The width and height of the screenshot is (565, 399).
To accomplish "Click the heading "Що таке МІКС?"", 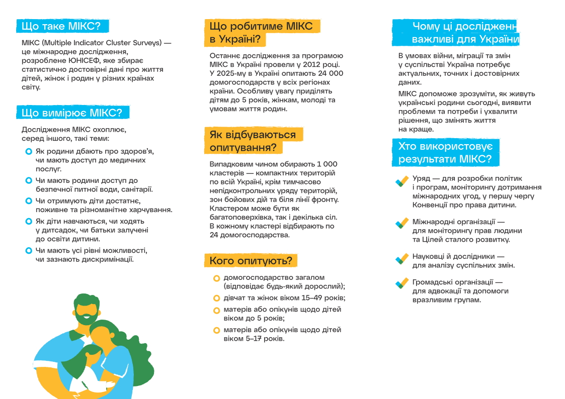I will click(x=62, y=26).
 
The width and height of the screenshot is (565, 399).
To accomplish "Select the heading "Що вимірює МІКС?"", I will click(x=72, y=113).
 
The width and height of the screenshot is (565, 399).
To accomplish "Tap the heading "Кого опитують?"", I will click(x=251, y=261).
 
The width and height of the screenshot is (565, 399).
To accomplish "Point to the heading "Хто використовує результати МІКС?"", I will click(x=445, y=153).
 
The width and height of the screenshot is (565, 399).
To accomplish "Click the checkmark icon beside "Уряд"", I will click(x=401, y=181).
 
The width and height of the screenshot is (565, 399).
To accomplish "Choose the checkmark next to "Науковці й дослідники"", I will click(x=401, y=258).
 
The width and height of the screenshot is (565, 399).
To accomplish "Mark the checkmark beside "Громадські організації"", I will click(x=401, y=283).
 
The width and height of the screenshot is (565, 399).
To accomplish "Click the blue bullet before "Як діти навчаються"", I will click(x=29, y=221).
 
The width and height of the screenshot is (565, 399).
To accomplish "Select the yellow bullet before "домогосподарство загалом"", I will click(x=216, y=278).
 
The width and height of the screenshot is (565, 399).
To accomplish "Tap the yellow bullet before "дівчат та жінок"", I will click(x=216, y=298).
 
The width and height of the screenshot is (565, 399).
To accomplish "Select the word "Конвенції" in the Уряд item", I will click(x=429, y=205).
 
